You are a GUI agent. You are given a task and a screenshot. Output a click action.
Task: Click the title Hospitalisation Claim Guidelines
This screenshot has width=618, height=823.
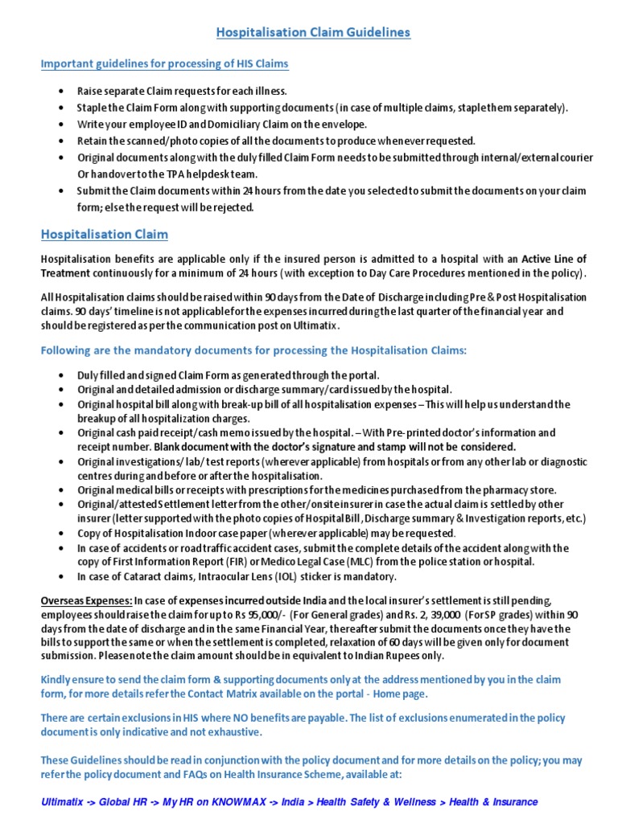click(313, 32)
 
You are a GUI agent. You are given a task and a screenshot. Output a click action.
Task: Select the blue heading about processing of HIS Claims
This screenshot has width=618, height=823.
click(164, 63)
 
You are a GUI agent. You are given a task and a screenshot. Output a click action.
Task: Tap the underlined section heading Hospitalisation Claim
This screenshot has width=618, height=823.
click(105, 234)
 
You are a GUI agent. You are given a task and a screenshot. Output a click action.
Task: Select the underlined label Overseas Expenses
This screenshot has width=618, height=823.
click(87, 600)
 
